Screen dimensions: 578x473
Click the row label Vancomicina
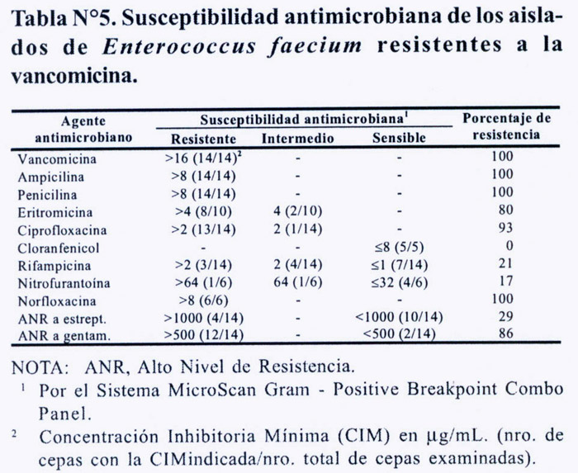pos(57,159)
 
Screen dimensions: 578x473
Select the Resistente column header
pos(203,139)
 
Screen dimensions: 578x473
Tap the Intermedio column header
pos(298,139)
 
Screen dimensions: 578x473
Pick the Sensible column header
pos(399,138)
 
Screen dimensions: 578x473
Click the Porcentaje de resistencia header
pos(506,126)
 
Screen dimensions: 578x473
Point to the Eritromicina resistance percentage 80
pos(505,210)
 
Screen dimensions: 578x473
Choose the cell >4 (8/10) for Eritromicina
pos(203,211)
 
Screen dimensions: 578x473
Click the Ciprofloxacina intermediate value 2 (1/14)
pos(298,229)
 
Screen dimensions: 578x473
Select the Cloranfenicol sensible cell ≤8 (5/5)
pos(399,247)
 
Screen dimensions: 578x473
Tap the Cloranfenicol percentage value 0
pos(509,245)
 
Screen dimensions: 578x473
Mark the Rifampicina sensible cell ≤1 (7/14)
pos(399,264)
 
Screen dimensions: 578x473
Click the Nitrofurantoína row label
pos(64,283)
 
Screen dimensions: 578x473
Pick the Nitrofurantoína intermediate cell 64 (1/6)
pos(298,282)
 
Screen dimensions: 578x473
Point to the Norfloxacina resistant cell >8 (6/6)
pos(203,300)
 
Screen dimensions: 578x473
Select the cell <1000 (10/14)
pos(399,317)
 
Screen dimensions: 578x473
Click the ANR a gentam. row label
pos(64,336)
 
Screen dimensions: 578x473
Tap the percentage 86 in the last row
pos(505,333)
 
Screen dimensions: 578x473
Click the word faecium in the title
pos(315,46)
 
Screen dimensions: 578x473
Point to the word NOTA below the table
pos(40,367)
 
